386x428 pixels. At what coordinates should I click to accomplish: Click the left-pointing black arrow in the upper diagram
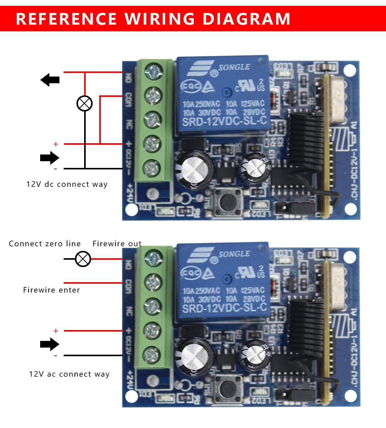coord(50,80)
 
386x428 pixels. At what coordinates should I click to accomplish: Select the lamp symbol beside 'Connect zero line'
coord(83,259)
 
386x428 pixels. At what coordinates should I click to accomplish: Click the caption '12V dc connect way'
coord(67,184)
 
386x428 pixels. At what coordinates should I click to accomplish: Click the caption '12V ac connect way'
coord(69,374)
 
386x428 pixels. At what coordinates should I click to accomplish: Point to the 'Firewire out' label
coord(117,244)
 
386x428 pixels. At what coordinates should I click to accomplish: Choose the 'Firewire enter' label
coord(51,290)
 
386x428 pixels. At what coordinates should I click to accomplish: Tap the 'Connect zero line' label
coord(45,244)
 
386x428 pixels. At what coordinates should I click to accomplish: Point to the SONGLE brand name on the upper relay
coord(234,68)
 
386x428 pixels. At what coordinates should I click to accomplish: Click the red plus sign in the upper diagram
coord(56,144)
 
